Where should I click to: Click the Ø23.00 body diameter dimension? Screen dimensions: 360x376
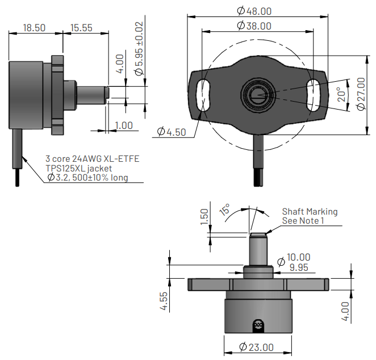pyautogui.click(x=256, y=347)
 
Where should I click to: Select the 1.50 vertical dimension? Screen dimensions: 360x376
pyautogui.click(x=205, y=216)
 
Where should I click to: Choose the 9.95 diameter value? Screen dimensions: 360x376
pyautogui.click(x=299, y=267)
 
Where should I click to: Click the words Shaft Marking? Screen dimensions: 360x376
pyautogui.click(x=310, y=211)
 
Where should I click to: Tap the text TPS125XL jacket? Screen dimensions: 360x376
pyautogui.click(x=79, y=168)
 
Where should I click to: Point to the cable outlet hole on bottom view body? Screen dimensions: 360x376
pyautogui.click(x=258, y=324)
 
